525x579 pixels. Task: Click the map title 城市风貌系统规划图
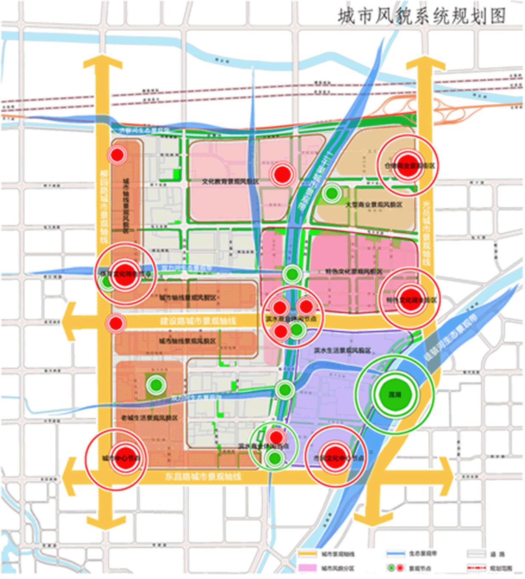click(422, 16)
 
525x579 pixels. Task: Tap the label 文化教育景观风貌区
click(230, 181)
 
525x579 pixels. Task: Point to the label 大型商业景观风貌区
click(374, 205)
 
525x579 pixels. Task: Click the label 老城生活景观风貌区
click(149, 418)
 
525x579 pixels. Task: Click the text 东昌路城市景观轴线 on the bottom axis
click(203, 476)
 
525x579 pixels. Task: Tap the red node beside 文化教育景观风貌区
click(281, 174)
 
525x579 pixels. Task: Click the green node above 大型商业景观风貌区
click(331, 194)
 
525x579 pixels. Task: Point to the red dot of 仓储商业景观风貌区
click(408, 165)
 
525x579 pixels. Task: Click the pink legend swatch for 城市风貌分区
click(307, 568)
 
